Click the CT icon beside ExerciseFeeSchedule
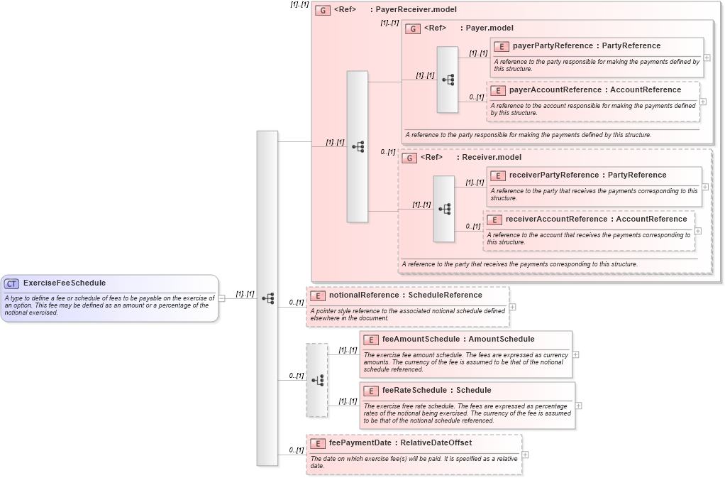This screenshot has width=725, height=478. click(x=12, y=283)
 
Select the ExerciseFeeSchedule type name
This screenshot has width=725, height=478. click(x=64, y=283)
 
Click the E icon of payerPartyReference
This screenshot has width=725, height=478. click(x=502, y=46)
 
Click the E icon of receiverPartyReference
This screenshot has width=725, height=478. click(x=498, y=175)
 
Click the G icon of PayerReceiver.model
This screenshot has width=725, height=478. click(x=323, y=11)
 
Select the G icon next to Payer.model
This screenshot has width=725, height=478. click(x=413, y=28)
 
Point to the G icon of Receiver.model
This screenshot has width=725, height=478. click(x=409, y=158)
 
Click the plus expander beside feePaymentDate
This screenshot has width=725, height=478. click(x=525, y=455)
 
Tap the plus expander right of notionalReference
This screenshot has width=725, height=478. click(x=512, y=307)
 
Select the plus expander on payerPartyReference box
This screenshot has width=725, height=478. click(x=707, y=58)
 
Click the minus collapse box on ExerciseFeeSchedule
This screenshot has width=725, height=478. click(x=221, y=298)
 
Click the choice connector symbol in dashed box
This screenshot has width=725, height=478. click(x=317, y=380)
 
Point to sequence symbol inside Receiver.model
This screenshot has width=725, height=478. click(x=444, y=209)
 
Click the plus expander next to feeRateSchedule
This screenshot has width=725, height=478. click(x=579, y=406)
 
